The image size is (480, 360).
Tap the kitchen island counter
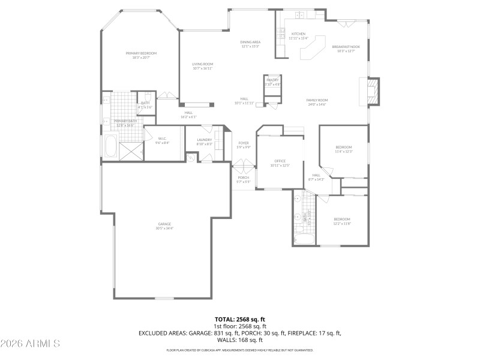pyautogui.click(x=311, y=49)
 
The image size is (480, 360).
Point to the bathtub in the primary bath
pyautogui.click(x=111, y=145)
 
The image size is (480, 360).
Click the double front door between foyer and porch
pyautogui.click(x=244, y=164)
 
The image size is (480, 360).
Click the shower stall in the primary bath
pyautogui.click(x=131, y=150)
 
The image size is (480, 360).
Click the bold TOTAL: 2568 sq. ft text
pyautogui.click(x=240, y=319)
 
